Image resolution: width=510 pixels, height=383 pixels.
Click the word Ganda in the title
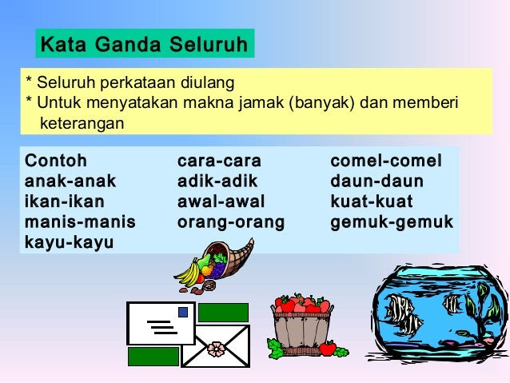(128, 44)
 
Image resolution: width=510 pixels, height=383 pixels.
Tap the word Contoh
(56, 161)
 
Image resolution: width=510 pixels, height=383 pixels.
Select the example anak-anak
(70, 181)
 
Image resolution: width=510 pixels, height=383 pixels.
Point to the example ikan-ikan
(65, 201)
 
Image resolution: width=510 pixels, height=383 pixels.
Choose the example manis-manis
(80, 221)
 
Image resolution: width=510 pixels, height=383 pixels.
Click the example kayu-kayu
(69, 243)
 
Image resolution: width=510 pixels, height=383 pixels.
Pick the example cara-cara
(219, 161)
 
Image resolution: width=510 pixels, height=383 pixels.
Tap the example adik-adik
(217, 181)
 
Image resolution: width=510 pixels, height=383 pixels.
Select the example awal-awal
(221, 201)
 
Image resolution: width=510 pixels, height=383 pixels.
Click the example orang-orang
(231, 222)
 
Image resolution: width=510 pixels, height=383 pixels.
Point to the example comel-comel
(386, 161)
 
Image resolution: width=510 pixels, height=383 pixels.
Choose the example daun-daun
(377, 181)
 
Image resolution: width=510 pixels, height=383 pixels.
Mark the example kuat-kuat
(372, 201)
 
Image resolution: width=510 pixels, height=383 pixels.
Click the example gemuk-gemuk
(392, 222)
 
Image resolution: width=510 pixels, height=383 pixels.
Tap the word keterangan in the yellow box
(82, 123)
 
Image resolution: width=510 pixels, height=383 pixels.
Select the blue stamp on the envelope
(183, 312)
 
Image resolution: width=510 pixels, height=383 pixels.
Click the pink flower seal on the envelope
(217, 349)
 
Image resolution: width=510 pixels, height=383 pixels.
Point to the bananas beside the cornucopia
(189, 273)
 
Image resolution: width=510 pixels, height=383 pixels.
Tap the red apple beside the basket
(328, 348)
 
